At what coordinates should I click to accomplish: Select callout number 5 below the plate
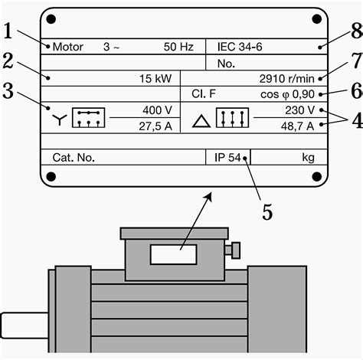pyautogui.click(x=267, y=211)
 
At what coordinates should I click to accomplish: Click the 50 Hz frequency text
pyautogui.click(x=178, y=47)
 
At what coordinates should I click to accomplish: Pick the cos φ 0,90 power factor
pyautogui.click(x=290, y=93)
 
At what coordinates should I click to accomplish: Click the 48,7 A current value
pyautogui.click(x=296, y=126)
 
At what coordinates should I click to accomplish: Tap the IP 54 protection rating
pyautogui.click(x=228, y=158)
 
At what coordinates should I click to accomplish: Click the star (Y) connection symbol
pyautogui.click(x=58, y=119)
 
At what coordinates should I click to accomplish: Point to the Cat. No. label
pyautogui.click(x=73, y=158)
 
